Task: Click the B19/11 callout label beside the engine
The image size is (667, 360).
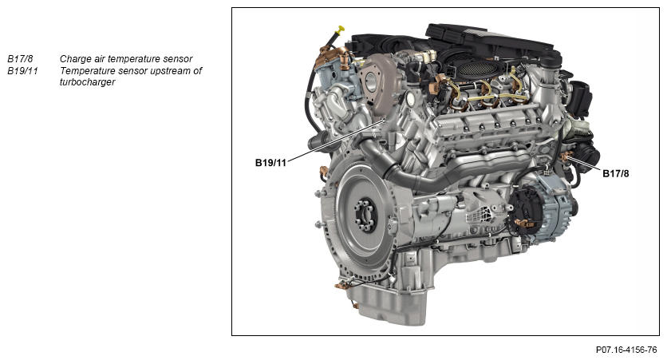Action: coord(270,163)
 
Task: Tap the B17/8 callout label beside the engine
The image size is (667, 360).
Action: coord(615,174)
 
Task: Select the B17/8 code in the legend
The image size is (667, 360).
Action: coord(20,59)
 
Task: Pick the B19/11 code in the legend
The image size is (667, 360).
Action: coord(22,70)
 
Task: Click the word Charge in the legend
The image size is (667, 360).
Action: coord(74,59)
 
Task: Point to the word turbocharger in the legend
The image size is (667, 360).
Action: coord(88,82)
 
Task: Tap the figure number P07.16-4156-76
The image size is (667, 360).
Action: coord(626,350)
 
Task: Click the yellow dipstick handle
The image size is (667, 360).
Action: coord(340,30)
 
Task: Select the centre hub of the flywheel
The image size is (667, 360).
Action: coord(365,215)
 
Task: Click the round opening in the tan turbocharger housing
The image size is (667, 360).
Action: coord(371,80)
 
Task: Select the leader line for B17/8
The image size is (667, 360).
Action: coord(584,164)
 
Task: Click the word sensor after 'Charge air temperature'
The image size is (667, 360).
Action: coord(179,59)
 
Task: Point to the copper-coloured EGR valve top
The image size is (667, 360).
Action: coord(333,55)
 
